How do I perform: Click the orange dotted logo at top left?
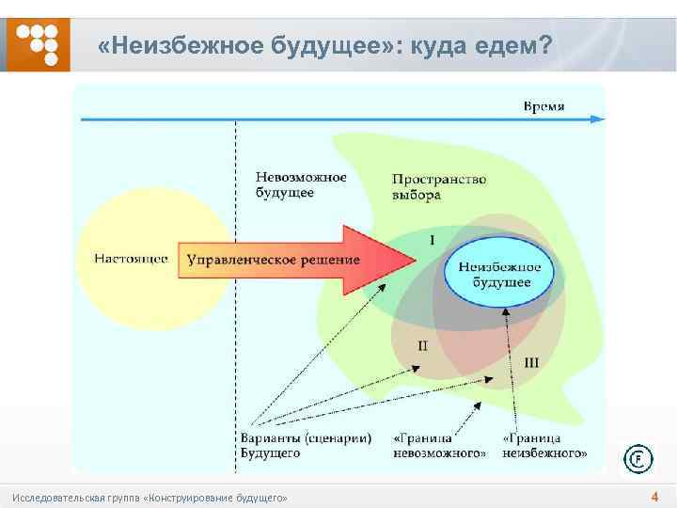click(39, 42)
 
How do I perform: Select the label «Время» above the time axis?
click(543, 105)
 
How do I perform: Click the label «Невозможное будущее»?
click(301, 184)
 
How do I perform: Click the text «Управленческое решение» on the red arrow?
click(273, 260)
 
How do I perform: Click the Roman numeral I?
click(432, 241)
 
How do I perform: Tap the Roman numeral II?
click(422, 345)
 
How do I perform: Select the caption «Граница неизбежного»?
click(545, 445)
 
